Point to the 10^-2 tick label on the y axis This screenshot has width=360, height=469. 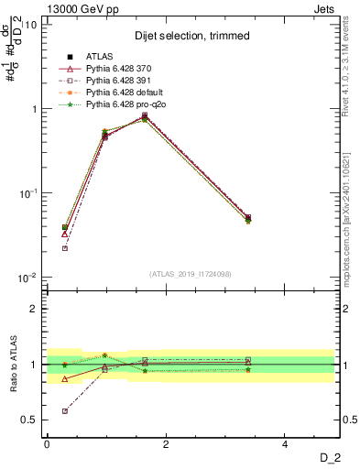27,278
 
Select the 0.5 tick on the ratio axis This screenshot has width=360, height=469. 30,420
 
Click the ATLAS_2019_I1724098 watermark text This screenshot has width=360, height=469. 191,273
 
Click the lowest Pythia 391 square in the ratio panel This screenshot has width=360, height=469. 64,410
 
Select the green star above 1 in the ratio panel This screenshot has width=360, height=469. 104,354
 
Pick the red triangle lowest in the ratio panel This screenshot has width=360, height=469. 64,378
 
